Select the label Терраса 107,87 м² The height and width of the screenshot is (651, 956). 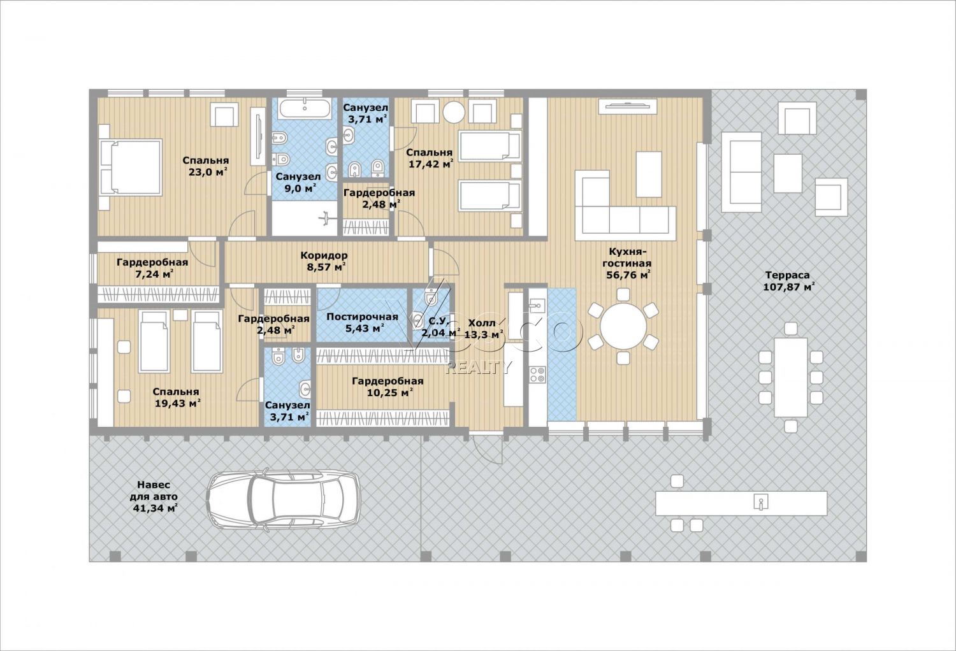(787, 281)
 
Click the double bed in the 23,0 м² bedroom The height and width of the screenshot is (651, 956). (131, 168)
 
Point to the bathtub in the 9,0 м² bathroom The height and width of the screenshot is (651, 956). (305, 108)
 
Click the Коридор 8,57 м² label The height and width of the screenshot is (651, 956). (324, 261)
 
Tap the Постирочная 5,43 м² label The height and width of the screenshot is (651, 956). (363, 322)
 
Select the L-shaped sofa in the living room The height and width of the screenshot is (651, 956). (625, 206)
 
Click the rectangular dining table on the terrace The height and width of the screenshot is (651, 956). (791, 377)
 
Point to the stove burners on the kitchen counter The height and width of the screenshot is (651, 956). (537, 374)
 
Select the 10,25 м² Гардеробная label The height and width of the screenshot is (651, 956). (387, 387)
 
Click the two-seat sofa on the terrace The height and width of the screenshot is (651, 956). (741, 173)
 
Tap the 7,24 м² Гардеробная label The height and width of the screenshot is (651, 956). (152, 268)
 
